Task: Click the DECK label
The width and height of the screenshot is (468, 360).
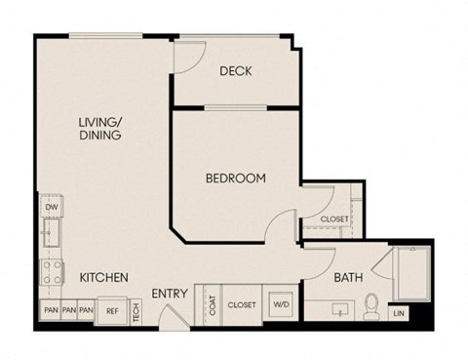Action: coord(236,70)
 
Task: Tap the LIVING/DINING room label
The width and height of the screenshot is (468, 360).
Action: coord(100,129)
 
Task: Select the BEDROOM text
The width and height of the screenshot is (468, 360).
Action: coord(235,179)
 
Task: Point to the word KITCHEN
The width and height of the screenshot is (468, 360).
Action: coord(103,277)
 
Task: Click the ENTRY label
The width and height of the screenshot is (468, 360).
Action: coord(170,294)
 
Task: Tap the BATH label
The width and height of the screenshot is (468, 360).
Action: coord(348,277)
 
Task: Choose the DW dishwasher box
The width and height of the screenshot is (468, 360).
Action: coord(50,207)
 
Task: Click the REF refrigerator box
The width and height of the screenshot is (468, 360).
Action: coord(112,311)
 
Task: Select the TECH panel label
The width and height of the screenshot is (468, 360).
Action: coord(136,311)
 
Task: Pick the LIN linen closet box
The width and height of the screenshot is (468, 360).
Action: coord(398,313)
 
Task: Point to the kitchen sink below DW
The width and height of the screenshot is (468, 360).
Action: coord(50,235)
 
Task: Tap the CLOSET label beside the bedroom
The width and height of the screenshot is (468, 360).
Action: coord(334,220)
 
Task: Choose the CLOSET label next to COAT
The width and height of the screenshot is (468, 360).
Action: coord(241,305)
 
